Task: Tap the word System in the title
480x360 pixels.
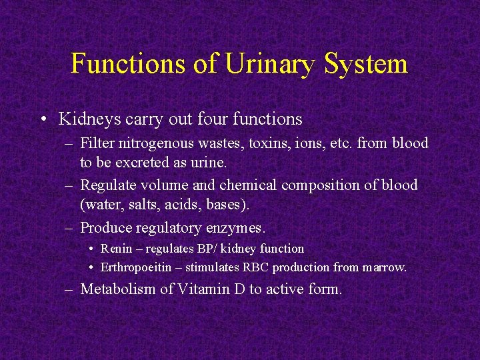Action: pyautogui.click(x=367, y=63)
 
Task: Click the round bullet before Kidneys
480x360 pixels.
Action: pyautogui.click(x=43, y=120)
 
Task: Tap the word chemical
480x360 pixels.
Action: pyautogui.click(x=248, y=185)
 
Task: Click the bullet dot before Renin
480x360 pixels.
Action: pyautogui.click(x=91, y=249)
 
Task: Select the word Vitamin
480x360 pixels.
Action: pyautogui.click(x=197, y=289)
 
